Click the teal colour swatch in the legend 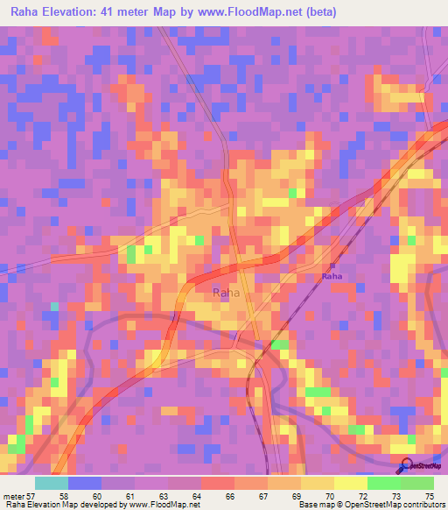coord(52,483)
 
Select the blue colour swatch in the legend coord(85,483)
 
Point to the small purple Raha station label coord(332,276)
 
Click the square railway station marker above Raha coord(332,265)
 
